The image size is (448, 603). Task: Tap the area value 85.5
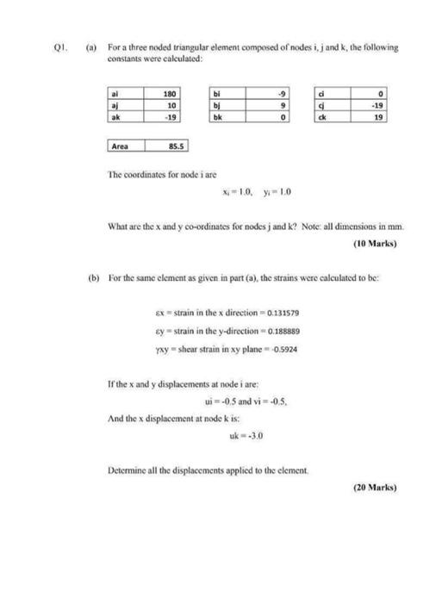tap(172, 146)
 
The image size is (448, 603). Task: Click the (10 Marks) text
tap(375, 243)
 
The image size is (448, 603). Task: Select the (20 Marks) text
tap(375, 487)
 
